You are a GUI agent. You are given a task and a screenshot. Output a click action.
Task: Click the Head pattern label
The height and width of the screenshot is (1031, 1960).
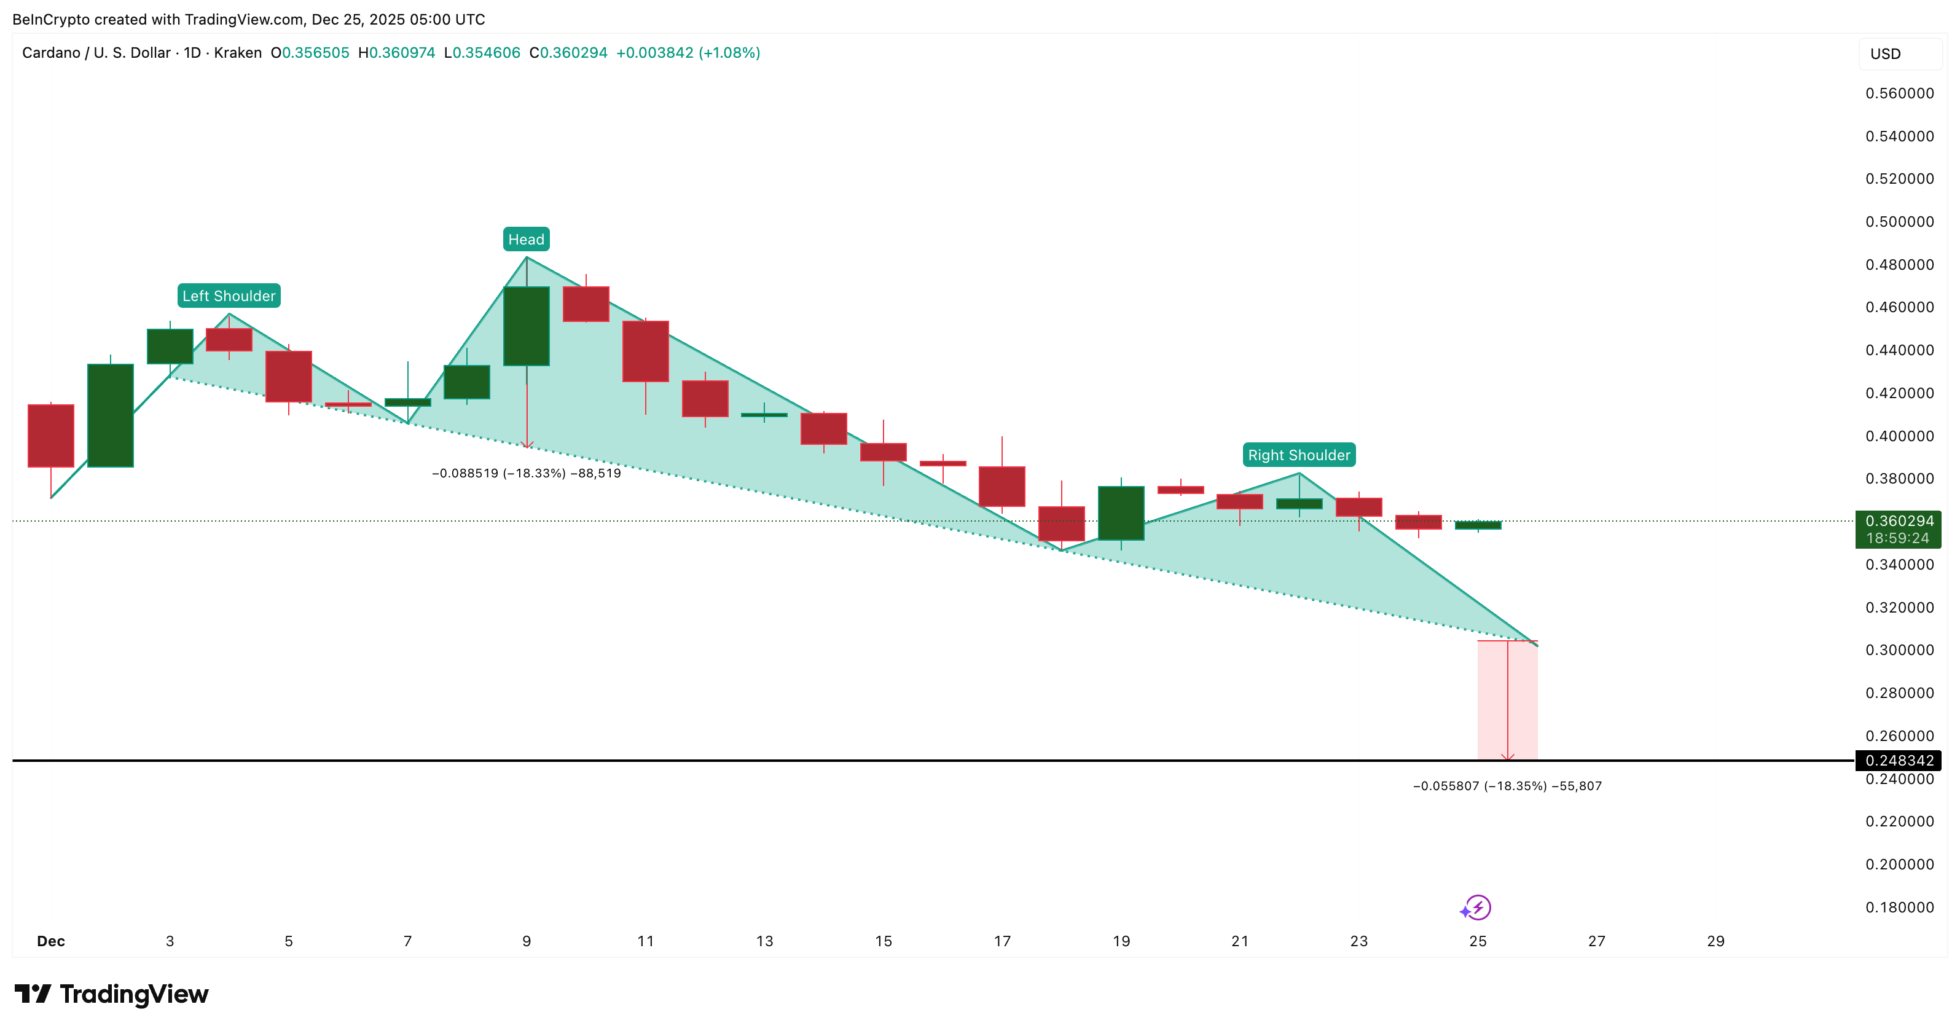point(526,239)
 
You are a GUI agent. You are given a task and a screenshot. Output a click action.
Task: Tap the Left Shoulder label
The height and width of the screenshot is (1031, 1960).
point(229,296)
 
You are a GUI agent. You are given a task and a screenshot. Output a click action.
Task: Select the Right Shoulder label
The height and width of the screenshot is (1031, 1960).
point(1298,455)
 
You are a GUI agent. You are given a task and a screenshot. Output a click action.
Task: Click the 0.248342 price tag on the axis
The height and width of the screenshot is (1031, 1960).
point(1899,760)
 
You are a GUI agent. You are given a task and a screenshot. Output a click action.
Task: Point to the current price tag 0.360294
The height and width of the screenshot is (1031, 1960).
point(1899,521)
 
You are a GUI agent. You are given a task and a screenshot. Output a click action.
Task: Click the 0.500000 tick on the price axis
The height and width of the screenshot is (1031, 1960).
point(1899,221)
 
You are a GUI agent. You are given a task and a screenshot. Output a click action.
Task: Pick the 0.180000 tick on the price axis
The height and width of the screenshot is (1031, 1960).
point(1899,907)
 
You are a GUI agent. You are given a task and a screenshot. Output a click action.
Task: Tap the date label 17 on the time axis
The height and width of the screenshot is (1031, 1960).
point(1002,941)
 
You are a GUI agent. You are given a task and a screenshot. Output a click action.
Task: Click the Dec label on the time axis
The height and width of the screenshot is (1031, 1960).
point(51,941)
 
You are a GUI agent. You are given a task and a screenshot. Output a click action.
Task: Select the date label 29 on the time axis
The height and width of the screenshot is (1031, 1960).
point(1715,941)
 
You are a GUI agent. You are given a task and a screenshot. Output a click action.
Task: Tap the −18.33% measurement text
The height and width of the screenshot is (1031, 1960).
point(526,473)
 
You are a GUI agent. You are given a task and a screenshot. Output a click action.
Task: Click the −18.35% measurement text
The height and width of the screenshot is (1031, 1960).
point(1507,786)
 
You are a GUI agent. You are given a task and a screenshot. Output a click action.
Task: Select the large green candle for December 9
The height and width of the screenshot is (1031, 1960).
point(526,326)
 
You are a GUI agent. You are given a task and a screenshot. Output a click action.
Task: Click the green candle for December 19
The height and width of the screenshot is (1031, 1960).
point(1121,513)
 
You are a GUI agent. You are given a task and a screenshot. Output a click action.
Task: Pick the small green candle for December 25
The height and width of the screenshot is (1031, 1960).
point(1478,525)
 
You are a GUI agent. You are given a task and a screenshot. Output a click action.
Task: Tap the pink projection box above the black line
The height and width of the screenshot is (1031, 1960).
point(1507,700)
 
